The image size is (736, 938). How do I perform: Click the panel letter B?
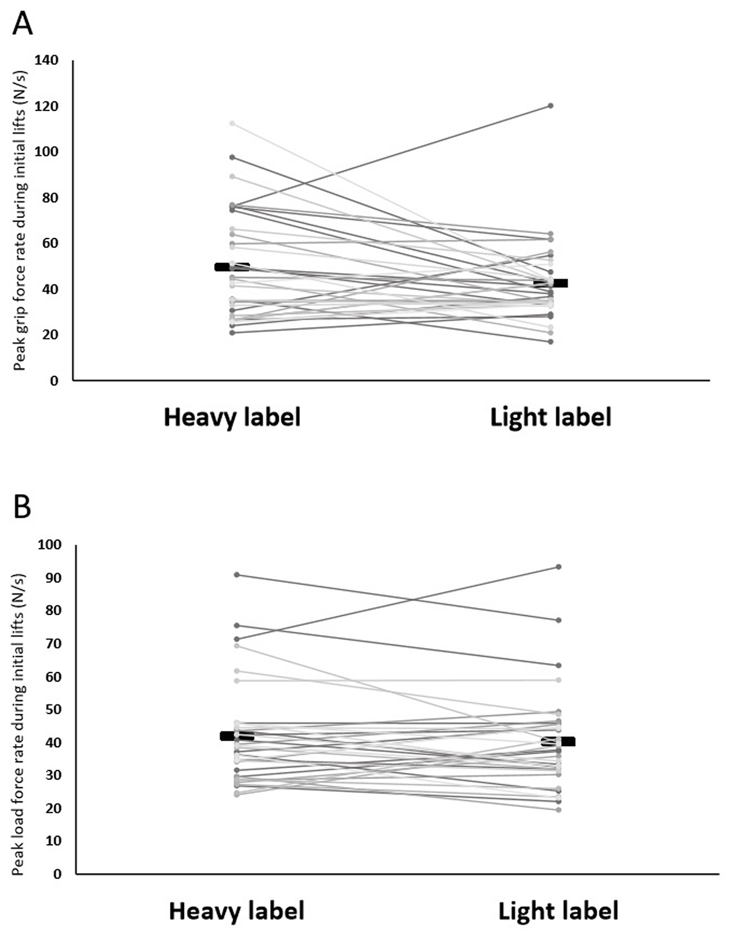(22, 508)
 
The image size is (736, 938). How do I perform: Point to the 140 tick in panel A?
(47, 60)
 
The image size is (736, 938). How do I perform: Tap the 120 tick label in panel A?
(47, 106)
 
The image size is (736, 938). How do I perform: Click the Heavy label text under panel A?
(232, 418)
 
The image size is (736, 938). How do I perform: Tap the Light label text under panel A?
(551, 418)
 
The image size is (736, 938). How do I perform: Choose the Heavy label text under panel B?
(237, 910)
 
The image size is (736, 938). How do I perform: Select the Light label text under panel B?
(558, 910)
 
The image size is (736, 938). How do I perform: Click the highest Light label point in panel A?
(551, 105)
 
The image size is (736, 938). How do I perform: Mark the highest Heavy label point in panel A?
(232, 123)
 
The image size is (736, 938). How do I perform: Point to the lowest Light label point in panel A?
(551, 341)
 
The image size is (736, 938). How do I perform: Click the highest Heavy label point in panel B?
(237, 574)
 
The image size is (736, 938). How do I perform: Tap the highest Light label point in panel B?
(558, 566)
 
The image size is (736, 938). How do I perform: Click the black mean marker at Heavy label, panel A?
(232, 267)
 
